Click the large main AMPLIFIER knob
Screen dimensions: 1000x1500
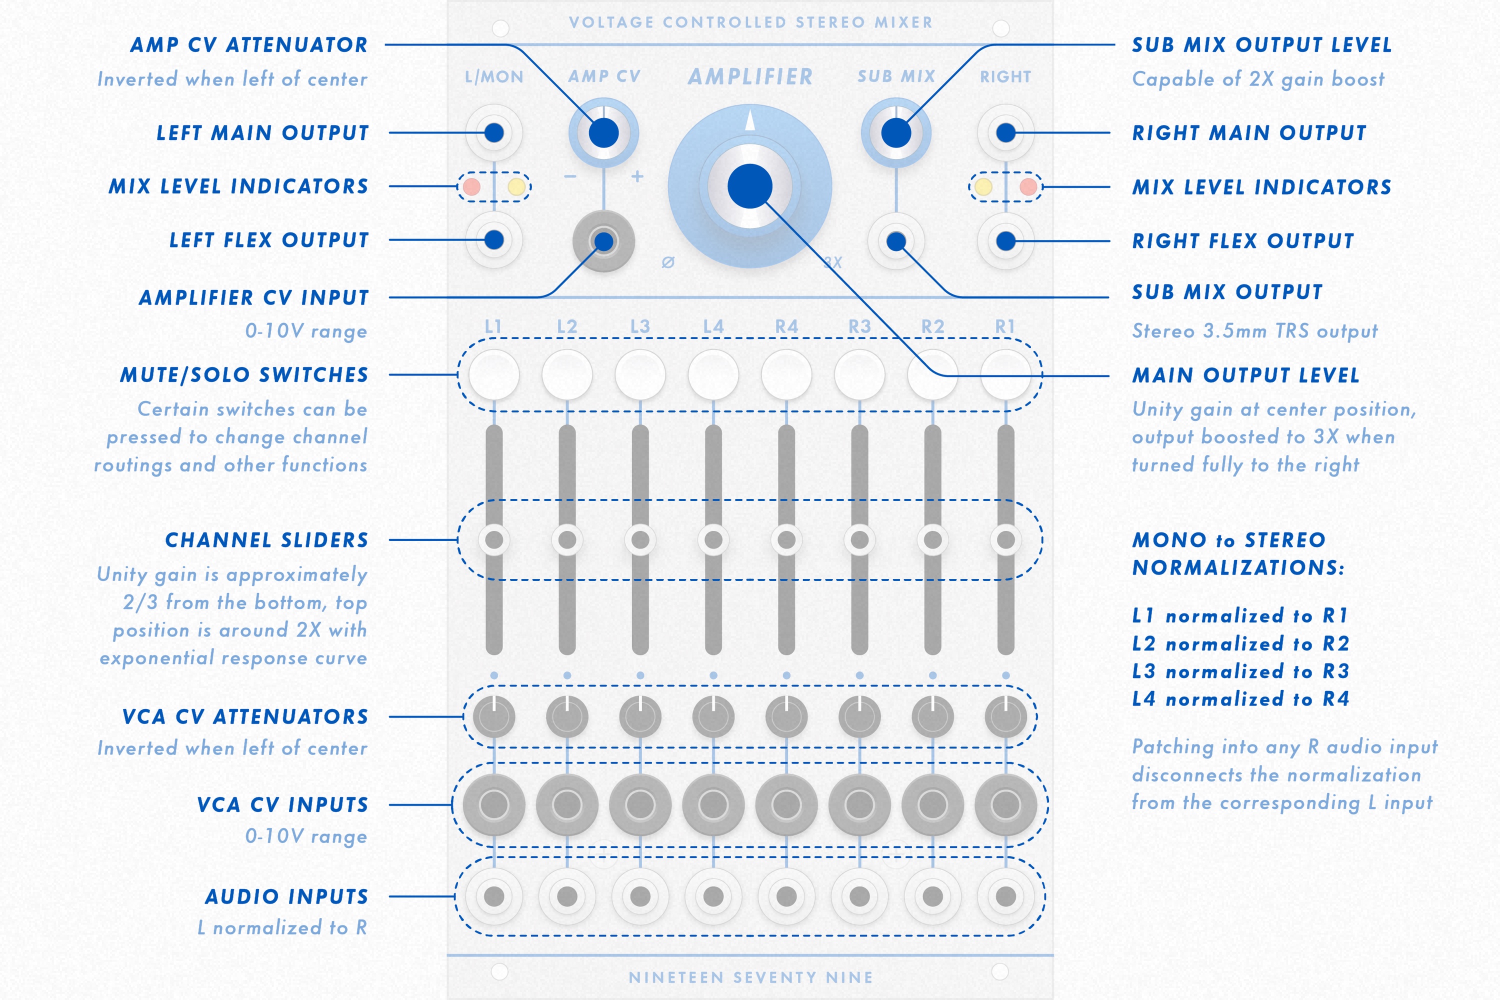pyautogui.click(x=749, y=186)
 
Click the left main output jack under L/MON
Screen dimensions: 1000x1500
pyautogui.click(x=494, y=132)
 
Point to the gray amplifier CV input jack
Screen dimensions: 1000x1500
pyautogui.click(x=603, y=241)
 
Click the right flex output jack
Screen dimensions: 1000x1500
pyautogui.click(x=1005, y=241)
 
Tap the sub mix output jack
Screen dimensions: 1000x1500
pyautogui.click(x=896, y=241)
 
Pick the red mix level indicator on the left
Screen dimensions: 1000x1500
pyautogui.click(x=471, y=187)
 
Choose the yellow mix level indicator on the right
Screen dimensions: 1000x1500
pyautogui.click(x=983, y=187)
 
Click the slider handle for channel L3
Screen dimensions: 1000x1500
pyautogui.click(x=640, y=539)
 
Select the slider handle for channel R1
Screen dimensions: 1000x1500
pyautogui.click(x=1005, y=539)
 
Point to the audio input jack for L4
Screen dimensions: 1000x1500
pyautogui.click(x=713, y=896)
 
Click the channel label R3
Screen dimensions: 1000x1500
pyautogui.click(x=859, y=326)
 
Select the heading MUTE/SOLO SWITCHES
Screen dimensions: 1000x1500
pyautogui.click(x=244, y=374)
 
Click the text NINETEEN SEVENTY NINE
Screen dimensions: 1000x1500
pyautogui.click(x=750, y=977)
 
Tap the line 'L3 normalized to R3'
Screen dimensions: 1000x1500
pyautogui.click(x=1240, y=671)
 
